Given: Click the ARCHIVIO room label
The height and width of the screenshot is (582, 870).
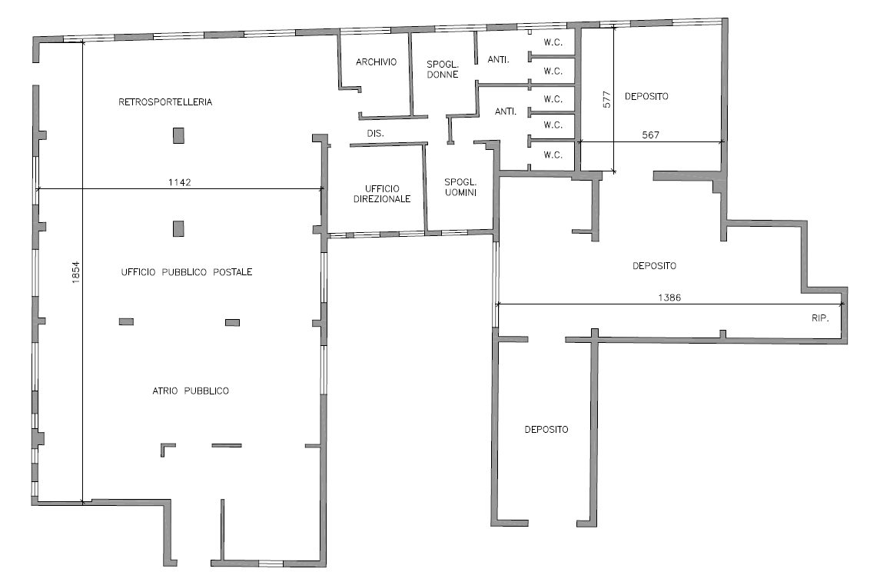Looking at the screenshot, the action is click(x=376, y=62).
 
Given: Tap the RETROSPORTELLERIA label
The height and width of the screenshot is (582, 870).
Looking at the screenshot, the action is click(x=165, y=102).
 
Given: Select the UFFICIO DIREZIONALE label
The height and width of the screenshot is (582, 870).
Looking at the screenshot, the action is click(x=382, y=194).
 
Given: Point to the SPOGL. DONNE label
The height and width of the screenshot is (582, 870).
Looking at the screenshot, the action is click(x=443, y=69).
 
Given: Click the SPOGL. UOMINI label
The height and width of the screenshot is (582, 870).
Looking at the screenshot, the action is click(x=460, y=187).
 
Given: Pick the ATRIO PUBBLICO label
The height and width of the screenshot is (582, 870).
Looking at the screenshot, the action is click(x=191, y=391).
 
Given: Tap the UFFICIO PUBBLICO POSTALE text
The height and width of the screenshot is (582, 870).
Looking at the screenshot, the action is click(x=187, y=272).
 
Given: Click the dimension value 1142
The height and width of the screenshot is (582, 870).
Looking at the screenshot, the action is click(x=180, y=182).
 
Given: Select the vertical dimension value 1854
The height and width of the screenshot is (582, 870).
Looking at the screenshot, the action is click(x=76, y=272).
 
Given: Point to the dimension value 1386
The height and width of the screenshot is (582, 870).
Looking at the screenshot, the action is click(x=669, y=298).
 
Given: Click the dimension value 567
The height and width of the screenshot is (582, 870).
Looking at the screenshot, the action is click(x=651, y=135).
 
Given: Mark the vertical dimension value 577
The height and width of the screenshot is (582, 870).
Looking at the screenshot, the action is click(x=606, y=99).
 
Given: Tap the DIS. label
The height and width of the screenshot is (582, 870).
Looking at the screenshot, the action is click(x=376, y=134).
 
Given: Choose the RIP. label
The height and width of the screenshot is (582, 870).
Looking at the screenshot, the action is click(x=820, y=318).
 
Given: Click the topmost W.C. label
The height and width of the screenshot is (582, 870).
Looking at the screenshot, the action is click(x=553, y=43).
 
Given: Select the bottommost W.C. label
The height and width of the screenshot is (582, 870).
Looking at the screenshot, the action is click(x=553, y=155).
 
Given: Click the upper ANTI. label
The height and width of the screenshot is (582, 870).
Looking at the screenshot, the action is click(x=499, y=60).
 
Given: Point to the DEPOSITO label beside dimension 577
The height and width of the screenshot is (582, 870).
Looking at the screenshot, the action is click(x=647, y=97).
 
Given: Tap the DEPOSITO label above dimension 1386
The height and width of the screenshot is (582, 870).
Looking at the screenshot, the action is click(x=655, y=266).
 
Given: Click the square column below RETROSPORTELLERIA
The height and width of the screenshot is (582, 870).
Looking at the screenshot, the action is click(x=178, y=135).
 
